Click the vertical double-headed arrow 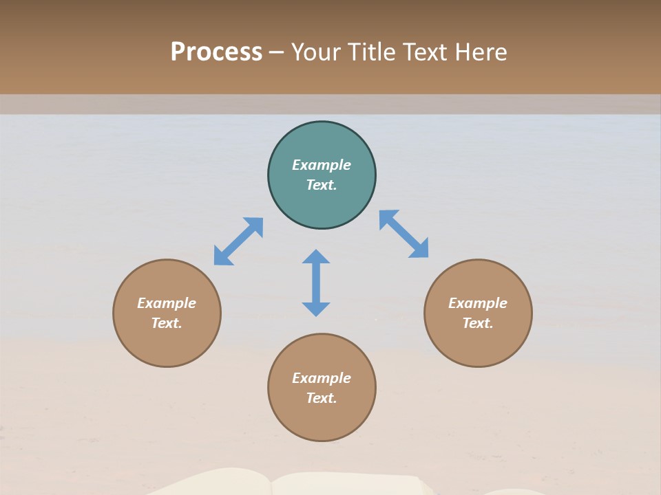[x=316, y=283]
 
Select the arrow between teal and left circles [x=238, y=241]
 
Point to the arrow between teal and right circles [x=403, y=234]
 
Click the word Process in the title [x=216, y=52]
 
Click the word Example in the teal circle [x=322, y=165]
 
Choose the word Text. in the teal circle [x=322, y=185]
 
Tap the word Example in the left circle [x=167, y=303]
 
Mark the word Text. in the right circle [x=478, y=323]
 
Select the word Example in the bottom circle [x=322, y=378]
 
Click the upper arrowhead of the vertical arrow [x=316, y=256]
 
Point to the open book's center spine [x=272, y=485]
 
